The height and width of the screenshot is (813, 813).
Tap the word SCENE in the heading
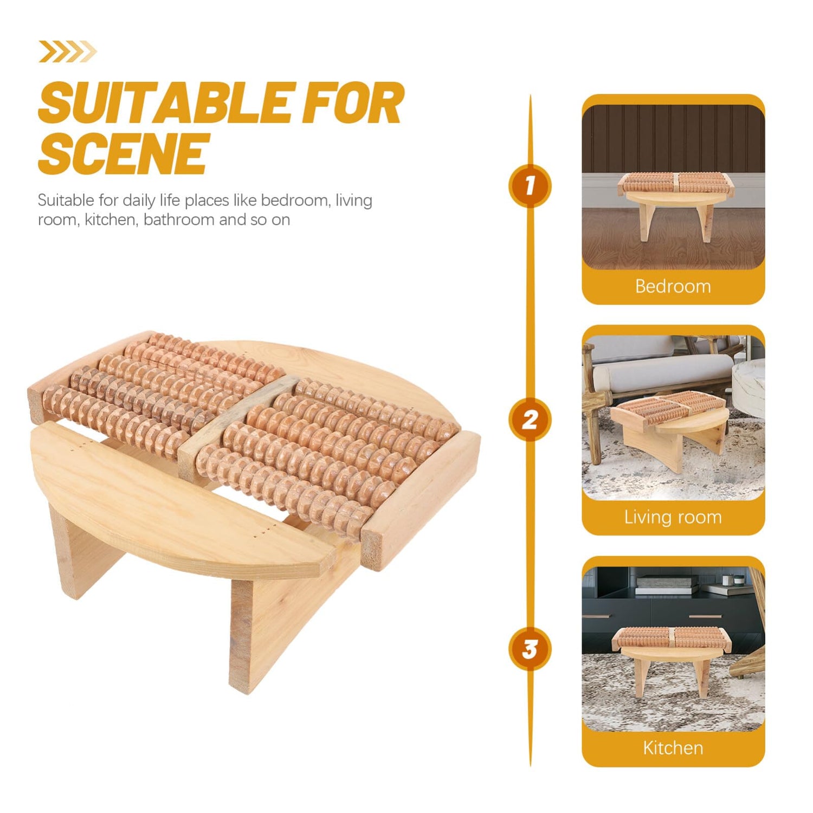[123, 153]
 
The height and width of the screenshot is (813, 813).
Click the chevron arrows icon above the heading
[67, 52]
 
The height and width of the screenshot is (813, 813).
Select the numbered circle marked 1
[530, 186]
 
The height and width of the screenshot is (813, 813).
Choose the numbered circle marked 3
[530, 649]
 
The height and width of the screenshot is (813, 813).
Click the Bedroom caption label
[673, 286]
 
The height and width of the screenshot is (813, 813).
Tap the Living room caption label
[673, 517]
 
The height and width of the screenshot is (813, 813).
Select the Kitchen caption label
[673, 748]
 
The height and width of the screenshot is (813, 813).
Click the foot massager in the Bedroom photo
[673, 201]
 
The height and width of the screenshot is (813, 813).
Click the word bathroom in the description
[179, 220]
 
